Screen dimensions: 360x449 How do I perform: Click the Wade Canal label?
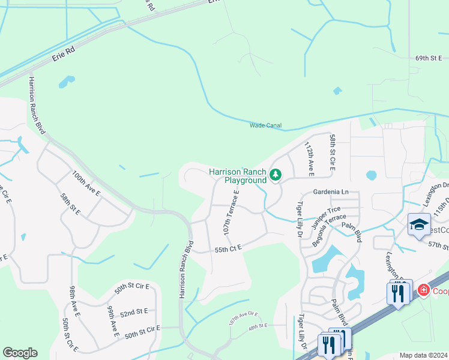pyautogui.click(x=265, y=125)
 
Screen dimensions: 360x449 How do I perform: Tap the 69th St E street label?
pyautogui.click(x=428, y=58)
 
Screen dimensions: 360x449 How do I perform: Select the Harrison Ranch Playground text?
pyautogui.click(x=237, y=176)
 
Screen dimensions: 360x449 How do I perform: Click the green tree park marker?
pyautogui.click(x=276, y=175)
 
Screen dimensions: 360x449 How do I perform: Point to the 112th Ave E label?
pyautogui.click(x=309, y=159)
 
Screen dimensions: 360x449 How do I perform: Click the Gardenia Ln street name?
pyautogui.click(x=331, y=192)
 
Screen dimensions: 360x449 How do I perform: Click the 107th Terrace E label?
pyautogui.click(x=232, y=213)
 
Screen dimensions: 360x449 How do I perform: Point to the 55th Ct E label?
pyautogui.click(x=227, y=247)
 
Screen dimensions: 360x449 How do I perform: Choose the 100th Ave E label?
pyautogui.click(x=86, y=184)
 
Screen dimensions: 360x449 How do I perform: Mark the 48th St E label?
pyautogui.click(x=258, y=326)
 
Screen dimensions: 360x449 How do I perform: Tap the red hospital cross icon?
pyautogui.click(x=424, y=290)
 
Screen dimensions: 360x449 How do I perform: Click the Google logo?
pyautogui.click(x=20, y=353)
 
